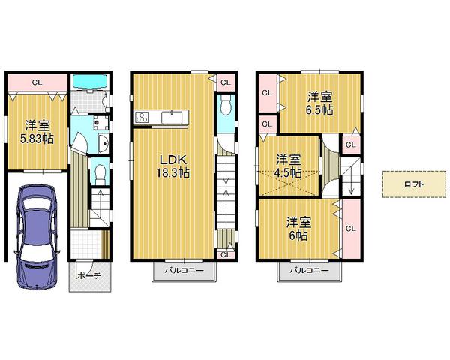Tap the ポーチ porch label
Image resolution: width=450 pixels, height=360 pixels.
coord(89,275)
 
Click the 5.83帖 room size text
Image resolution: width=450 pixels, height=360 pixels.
coord(35,139)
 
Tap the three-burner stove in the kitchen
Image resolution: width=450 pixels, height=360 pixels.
coord(143,116)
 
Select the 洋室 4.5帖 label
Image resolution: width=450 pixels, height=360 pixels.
coord(287,165)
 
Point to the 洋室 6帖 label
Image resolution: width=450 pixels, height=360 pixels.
coord(298,228)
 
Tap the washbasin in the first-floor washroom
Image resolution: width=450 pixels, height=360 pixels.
coord(103,144)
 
